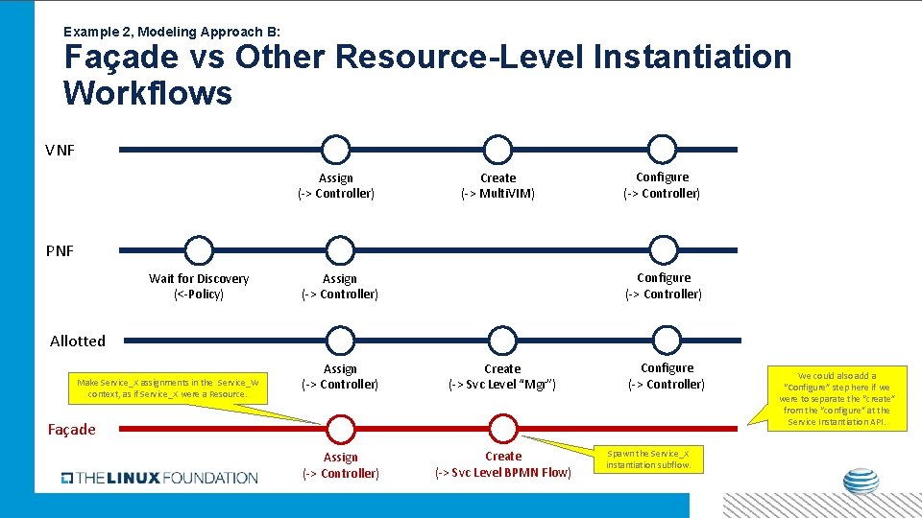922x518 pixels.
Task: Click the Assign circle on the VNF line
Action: [335, 150]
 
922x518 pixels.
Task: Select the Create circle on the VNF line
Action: [497, 150]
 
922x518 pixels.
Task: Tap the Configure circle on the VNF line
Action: [662, 150]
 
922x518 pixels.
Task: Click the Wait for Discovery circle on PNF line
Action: [198, 250]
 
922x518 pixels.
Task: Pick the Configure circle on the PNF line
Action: [664, 250]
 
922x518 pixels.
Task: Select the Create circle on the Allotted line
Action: [502, 340]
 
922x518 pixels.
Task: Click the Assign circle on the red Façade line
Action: [340, 428]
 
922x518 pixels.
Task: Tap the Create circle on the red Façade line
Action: [502, 428]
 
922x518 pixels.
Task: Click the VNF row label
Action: [60, 151]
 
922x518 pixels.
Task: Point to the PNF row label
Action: [60, 251]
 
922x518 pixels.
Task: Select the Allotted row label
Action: [78, 341]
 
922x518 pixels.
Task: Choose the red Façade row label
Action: [73, 429]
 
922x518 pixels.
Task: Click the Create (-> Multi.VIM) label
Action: [497, 186]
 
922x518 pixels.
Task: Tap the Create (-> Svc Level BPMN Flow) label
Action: [503, 464]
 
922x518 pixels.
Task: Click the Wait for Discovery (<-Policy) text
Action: [199, 286]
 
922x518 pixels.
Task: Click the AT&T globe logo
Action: [861, 483]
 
